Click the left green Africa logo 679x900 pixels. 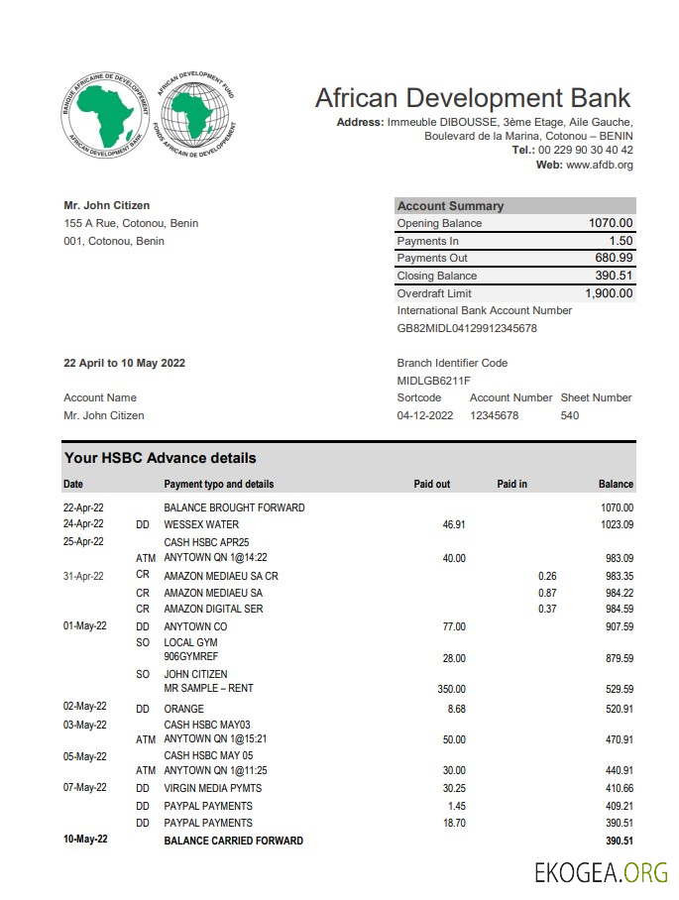click(x=106, y=118)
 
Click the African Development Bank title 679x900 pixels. click(x=473, y=98)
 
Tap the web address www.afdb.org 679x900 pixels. click(x=599, y=165)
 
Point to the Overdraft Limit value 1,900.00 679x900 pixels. click(x=609, y=293)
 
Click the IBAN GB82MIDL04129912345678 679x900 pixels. click(x=467, y=328)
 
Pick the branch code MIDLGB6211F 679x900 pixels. click(x=433, y=381)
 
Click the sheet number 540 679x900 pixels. click(x=570, y=415)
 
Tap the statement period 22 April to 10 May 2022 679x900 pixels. click(x=124, y=363)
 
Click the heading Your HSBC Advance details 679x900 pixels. click(x=160, y=458)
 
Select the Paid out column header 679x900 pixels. click(x=431, y=484)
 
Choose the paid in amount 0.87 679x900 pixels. click(x=547, y=593)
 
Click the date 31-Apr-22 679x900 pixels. click(x=83, y=576)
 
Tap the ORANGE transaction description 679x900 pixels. click(x=183, y=709)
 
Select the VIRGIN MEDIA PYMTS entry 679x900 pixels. click(x=214, y=788)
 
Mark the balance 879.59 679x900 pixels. click(x=615, y=658)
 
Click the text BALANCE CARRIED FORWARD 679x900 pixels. click(x=233, y=841)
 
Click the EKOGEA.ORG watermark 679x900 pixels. click(x=601, y=873)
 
